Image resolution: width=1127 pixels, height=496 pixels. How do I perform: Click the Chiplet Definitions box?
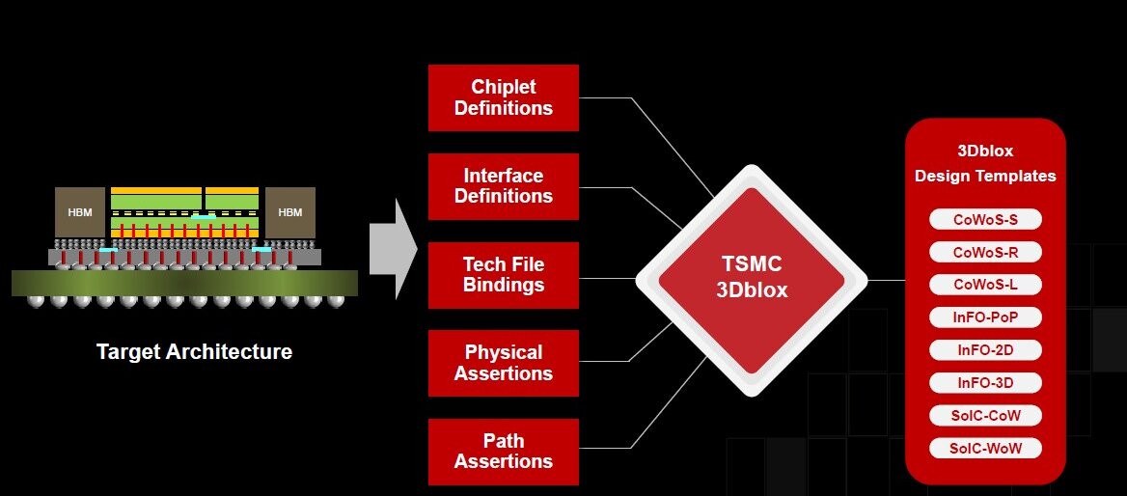(x=504, y=97)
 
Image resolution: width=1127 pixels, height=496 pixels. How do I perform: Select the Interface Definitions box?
(x=504, y=186)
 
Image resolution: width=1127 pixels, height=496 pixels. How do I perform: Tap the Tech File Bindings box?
(x=504, y=275)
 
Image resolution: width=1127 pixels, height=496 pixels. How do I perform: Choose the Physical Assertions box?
(x=504, y=363)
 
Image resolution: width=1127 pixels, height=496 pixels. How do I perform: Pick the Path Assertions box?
(x=504, y=452)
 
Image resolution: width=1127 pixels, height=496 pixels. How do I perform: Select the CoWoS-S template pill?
(x=985, y=220)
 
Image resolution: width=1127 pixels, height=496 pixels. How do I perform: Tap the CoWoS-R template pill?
(x=985, y=253)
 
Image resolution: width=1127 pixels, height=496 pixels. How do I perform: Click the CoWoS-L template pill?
(x=985, y=286)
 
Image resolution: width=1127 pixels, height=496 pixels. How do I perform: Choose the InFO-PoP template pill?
(x=985, y=317)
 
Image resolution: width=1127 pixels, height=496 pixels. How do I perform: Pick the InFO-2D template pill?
(x=985, y=349)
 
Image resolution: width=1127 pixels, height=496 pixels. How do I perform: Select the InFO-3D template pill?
(x=985, y=383)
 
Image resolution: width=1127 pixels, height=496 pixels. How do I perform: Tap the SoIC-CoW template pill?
(x=985, y=416)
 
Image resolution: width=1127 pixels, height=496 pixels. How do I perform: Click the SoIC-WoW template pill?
(x=985, y=449)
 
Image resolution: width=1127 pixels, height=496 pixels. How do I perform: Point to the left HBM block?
(x=79, y=212)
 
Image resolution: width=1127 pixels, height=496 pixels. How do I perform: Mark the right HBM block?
(x=289, y=212)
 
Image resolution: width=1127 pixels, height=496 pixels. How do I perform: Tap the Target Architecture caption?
(x=194, y=352)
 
